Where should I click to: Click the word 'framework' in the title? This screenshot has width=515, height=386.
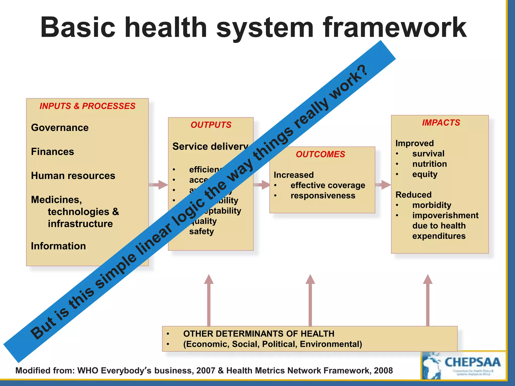click(x=395, y=27)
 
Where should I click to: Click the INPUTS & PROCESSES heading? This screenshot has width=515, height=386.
click(x=87, y=106)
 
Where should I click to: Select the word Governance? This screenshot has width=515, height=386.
click(x=60, y=128)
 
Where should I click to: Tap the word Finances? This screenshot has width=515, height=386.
click(x=52, y=152)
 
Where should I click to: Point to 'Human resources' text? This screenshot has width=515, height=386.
click(x=73, y=176)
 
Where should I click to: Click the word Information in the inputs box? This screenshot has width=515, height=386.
click(x=58, y=246)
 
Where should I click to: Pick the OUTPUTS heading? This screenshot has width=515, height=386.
click(x=211, y=125)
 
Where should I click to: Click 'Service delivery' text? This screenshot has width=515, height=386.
click(x=210, y=147)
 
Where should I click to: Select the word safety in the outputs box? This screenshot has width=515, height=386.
click(x=201, y=231)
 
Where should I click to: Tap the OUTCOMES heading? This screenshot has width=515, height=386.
click(x=320, y=154)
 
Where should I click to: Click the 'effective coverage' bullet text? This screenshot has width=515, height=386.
click(x=328, y=185)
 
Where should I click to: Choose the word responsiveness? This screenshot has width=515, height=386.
click(x=323, y=196)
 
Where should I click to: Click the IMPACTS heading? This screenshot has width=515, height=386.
click(x=441, y=123)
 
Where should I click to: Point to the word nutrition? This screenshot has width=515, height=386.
click(x=430, y=164)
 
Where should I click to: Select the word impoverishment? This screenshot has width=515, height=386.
click(x=445, y=215)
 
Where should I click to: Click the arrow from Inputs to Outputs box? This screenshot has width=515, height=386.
click(x=158, y=185)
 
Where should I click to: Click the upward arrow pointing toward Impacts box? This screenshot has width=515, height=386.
click(x=427, y=299)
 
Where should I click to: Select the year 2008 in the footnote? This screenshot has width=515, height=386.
click(x=383, y=371)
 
